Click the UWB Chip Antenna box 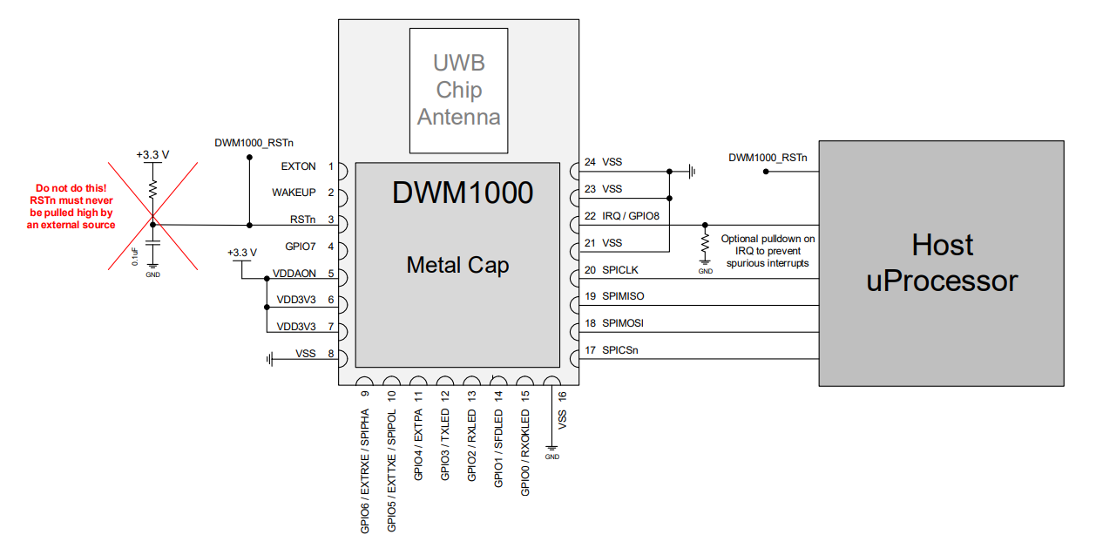coord(459,91)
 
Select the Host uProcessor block coord(941,262)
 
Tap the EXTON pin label coord(299,166)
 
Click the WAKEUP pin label coord(294,193)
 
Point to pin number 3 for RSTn coord(331,220)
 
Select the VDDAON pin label coord(294,274)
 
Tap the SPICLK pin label coord(620,270)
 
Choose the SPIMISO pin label coord(623,296)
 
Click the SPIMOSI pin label coord(623,323)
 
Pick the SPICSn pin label coord(620,350)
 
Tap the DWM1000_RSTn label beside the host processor coord(768,158)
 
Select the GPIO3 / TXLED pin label coord(445,446)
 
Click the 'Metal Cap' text coord(457,265)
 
